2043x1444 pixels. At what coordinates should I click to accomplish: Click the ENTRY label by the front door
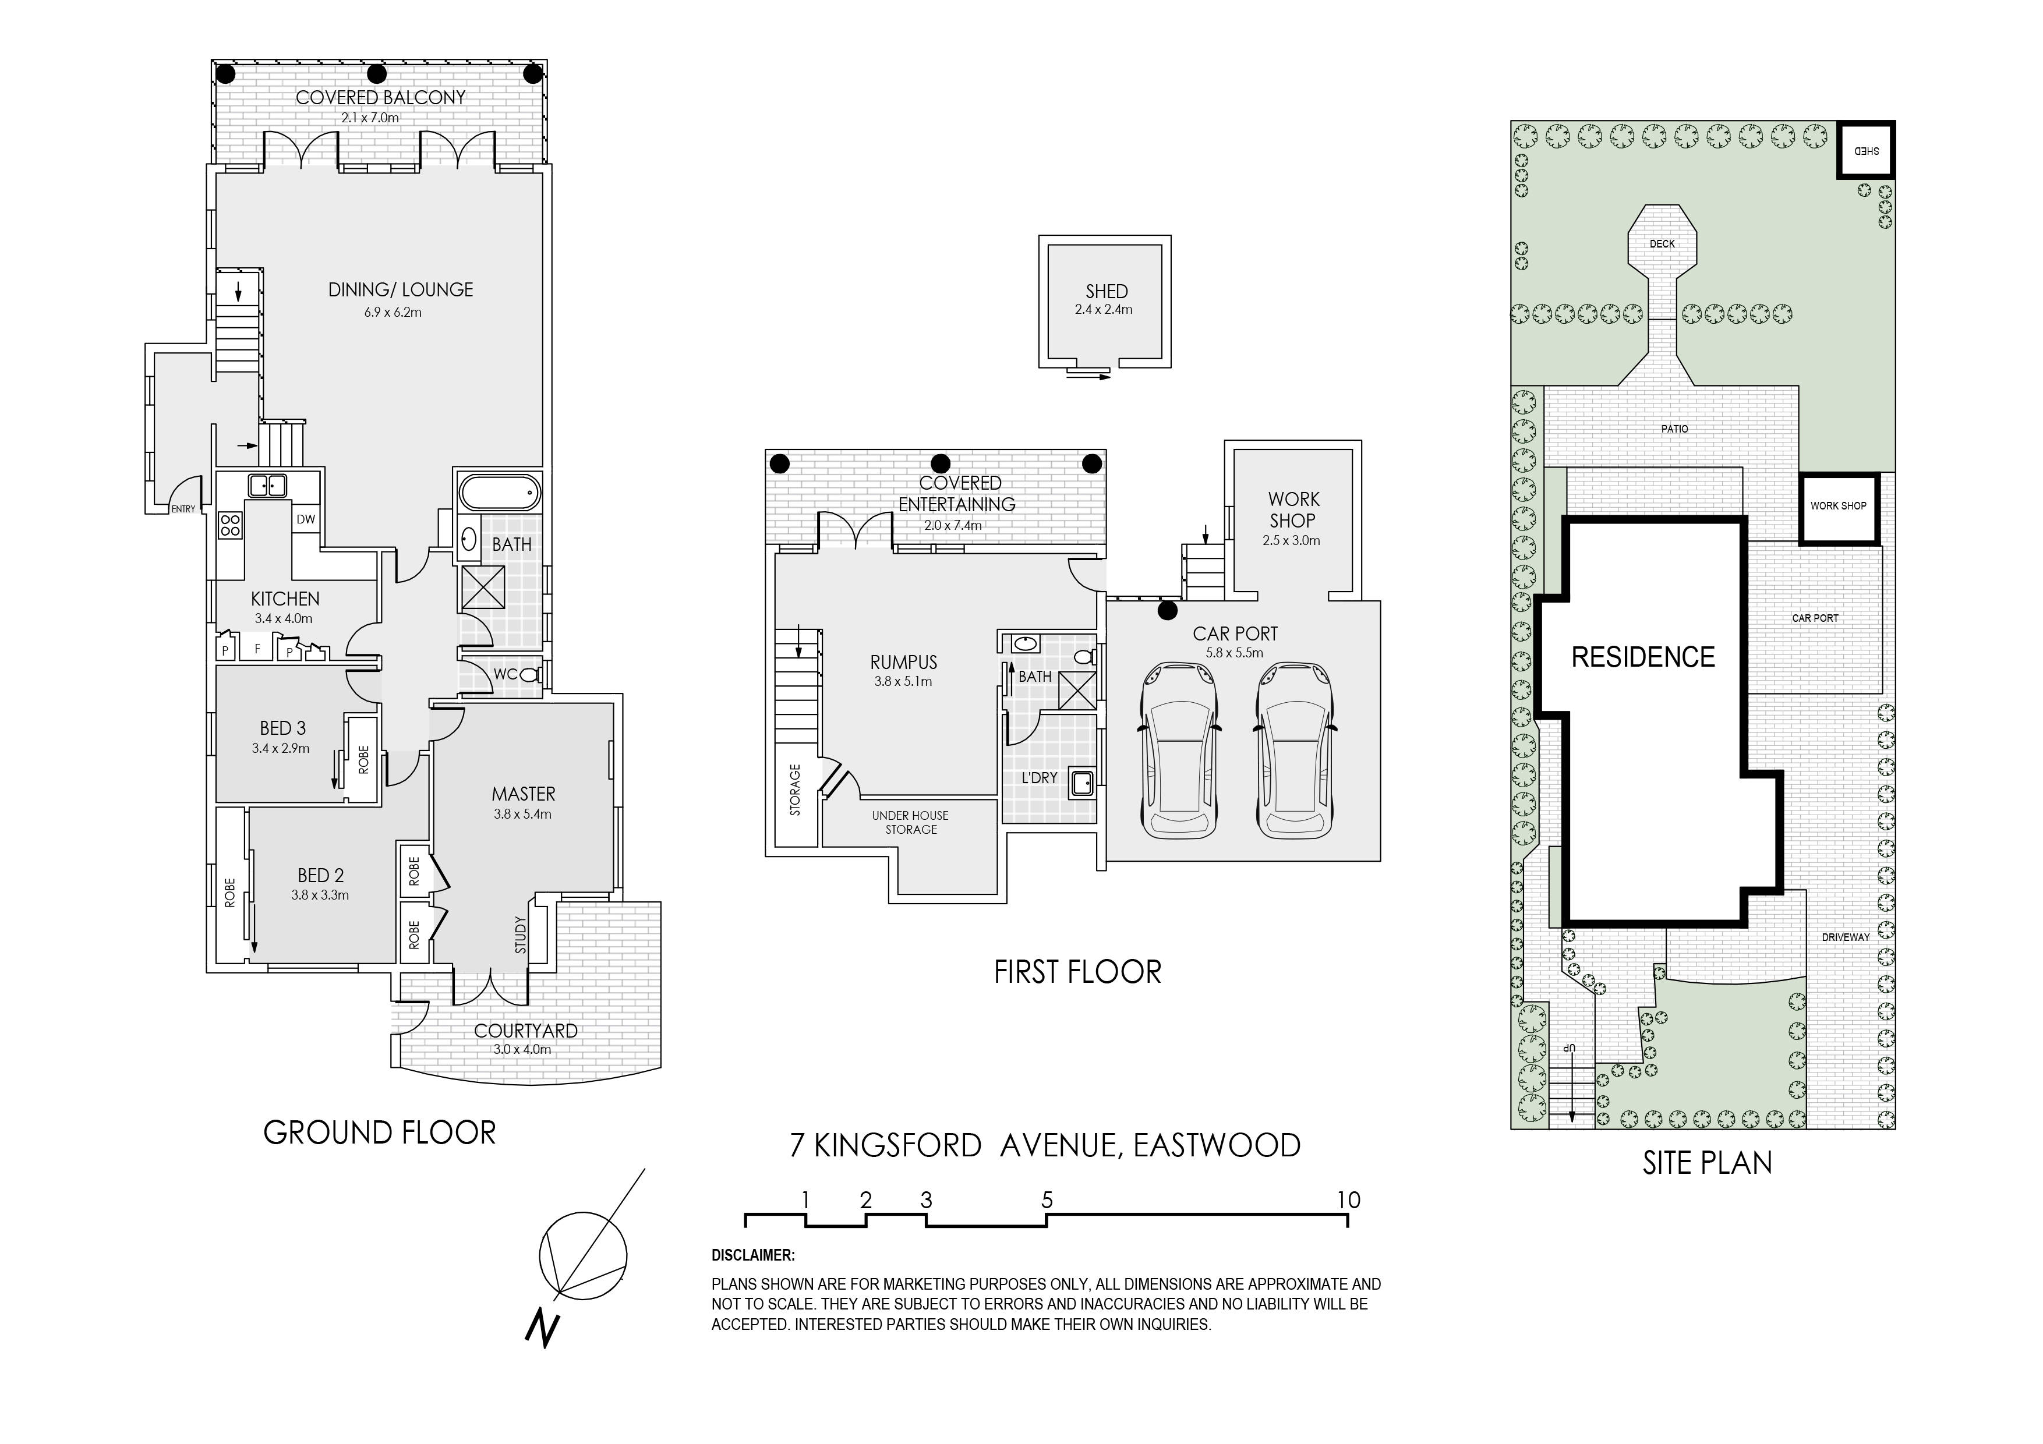pos(183,509)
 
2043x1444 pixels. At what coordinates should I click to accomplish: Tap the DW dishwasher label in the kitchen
pos(305,519)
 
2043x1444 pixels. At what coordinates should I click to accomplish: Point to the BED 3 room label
pos(283,728)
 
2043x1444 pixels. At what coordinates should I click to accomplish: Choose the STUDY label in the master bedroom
pos(521,935)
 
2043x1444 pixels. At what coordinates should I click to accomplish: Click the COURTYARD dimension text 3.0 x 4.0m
pos(522,1050)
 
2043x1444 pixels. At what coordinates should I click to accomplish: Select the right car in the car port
pos(1295,749)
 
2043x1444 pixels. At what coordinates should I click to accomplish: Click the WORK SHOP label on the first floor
pos(1294,510)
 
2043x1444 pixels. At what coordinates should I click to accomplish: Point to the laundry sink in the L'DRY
pos(1082,783)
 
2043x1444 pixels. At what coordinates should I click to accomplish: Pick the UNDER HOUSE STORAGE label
pos(910,822)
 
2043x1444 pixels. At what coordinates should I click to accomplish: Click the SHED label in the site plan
pos(1866,151)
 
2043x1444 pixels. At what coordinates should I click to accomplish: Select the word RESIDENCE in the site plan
pos(1642,657)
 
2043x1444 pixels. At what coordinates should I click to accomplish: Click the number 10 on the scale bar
pos(1348,1200)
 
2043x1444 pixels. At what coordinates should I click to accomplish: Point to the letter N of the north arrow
pos(542,1328)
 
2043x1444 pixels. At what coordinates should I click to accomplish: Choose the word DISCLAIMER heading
pos(753,1255)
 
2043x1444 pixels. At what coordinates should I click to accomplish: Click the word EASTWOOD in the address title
pos(1217,1145)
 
